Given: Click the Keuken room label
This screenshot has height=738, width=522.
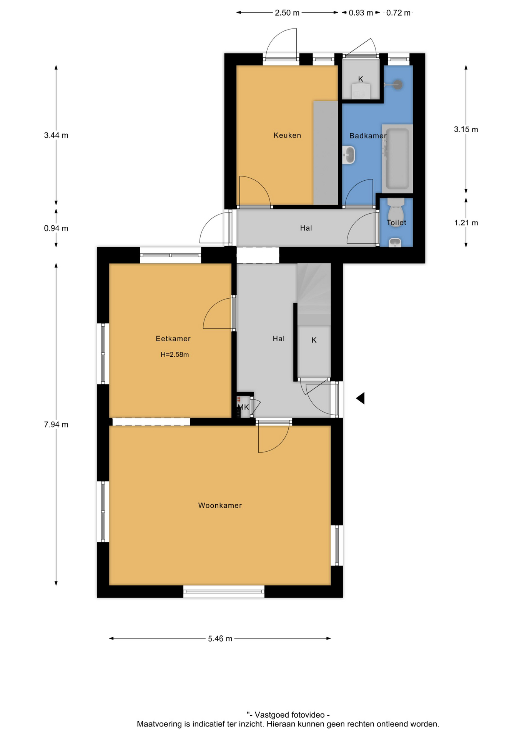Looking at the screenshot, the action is [287, 135].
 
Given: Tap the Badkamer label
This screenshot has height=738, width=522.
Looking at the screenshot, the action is [368, 136].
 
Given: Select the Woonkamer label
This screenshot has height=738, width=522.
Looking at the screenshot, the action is [220, 505].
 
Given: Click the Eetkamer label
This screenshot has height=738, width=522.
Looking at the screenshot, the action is [173, 339].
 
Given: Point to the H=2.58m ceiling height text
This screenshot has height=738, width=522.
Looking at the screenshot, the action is [175, 355].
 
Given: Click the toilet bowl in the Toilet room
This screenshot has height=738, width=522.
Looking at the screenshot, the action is [396, 210].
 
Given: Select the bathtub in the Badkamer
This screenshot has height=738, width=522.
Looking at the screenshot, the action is [397, 158].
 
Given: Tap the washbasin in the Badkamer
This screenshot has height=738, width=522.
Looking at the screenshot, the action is [349, 155].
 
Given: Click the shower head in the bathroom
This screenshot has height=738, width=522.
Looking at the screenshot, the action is [398, 85].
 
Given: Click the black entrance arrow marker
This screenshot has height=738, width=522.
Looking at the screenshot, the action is [360, 398].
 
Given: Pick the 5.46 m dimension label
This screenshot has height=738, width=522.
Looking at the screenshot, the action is [220, 638].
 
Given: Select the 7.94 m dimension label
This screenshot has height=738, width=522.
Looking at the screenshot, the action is [56, 424].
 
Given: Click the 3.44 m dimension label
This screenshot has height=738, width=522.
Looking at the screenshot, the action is [56, 135].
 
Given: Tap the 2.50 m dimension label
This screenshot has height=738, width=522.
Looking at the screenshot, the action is [287, 13].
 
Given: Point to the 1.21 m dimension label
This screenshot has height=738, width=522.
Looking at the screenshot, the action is [466, 223].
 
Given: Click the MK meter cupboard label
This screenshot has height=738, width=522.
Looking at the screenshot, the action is [243, 407].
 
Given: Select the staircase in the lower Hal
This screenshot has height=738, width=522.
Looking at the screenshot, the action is [314, 294].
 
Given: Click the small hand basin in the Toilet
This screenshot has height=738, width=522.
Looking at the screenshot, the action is [395, 243].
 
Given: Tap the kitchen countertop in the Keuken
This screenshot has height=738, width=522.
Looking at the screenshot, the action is [326, 153].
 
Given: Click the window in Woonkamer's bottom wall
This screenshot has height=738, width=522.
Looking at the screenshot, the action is [224, 592].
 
